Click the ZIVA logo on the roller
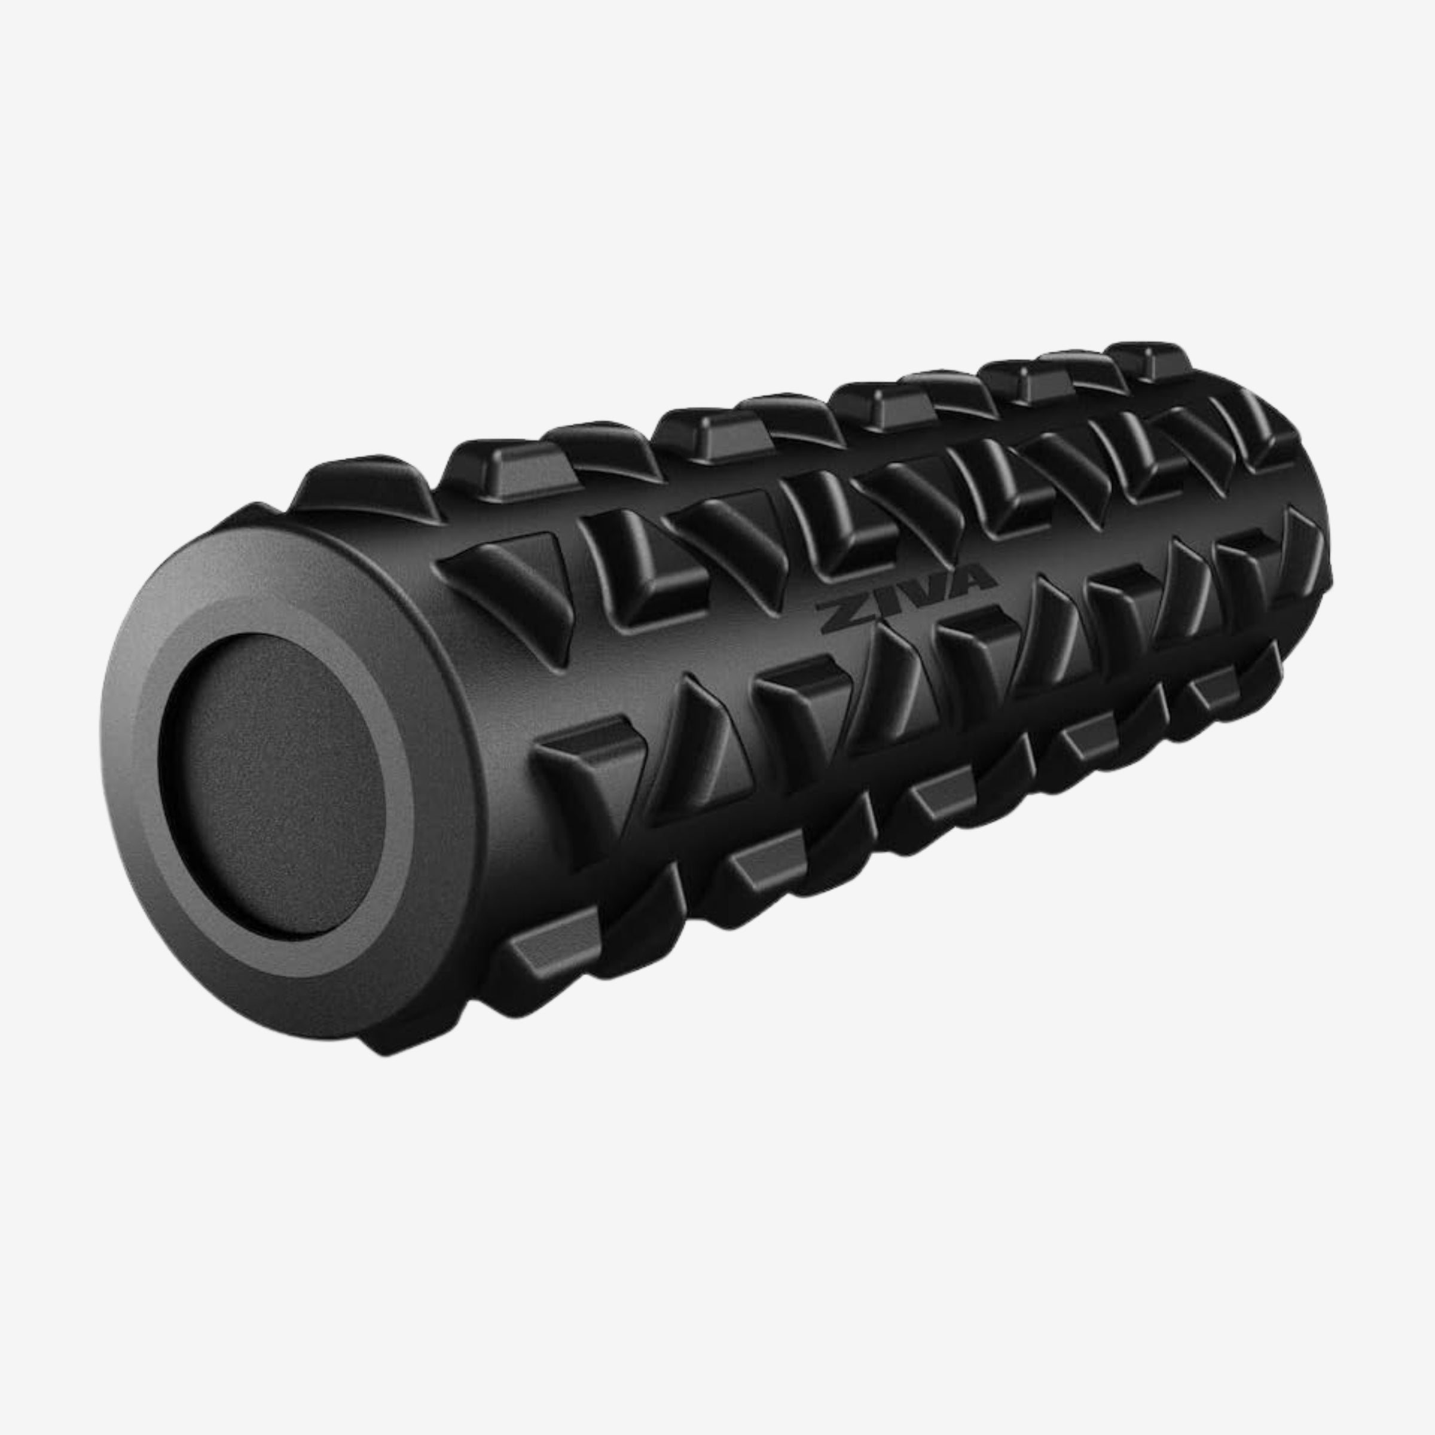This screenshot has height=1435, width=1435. (905, 591)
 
